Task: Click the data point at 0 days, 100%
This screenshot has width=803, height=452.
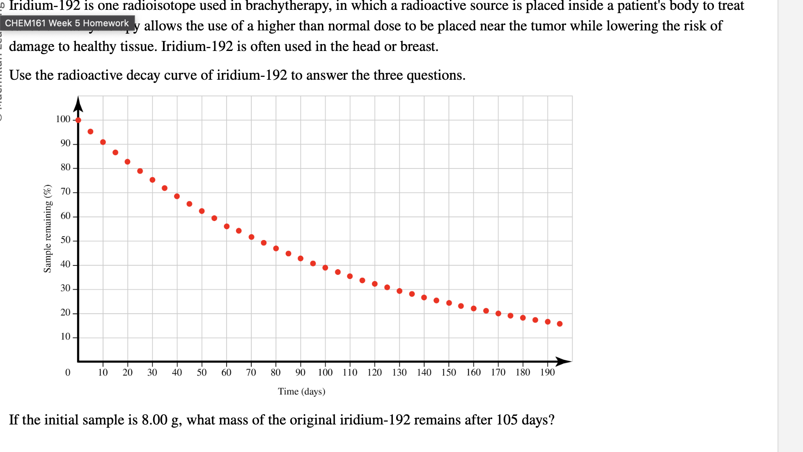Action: [x=78, y=120]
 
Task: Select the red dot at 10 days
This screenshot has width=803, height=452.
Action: [x=103, y=142]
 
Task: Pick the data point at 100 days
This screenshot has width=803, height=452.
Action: [x=325, y=268]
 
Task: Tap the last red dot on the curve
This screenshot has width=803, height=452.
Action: [x=560, y=324]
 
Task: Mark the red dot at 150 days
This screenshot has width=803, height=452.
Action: [x=449, y=303]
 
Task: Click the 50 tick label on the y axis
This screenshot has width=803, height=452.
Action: [x=66, y=240]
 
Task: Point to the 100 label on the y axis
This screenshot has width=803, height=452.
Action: [x=63, y=119]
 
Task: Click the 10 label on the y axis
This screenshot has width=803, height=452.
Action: [x=66, y=337]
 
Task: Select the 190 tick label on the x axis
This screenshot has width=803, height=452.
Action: [x=547, y=372]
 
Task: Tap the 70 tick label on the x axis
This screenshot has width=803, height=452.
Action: [x=251, y=372]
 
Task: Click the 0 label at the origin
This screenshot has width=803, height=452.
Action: [x=68, y=372]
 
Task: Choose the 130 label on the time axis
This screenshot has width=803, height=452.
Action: [x=399, y=372]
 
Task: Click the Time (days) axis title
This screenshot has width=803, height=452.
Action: [x=301, y=391]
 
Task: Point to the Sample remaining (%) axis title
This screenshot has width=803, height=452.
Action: [x=48, y=228]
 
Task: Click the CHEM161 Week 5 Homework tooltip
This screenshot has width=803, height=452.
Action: [x=67, y=23]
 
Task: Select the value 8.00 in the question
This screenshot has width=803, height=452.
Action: [x=155, y=420]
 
